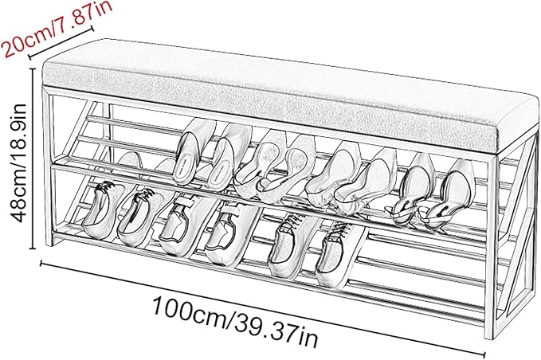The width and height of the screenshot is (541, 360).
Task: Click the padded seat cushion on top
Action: click(290, 96)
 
